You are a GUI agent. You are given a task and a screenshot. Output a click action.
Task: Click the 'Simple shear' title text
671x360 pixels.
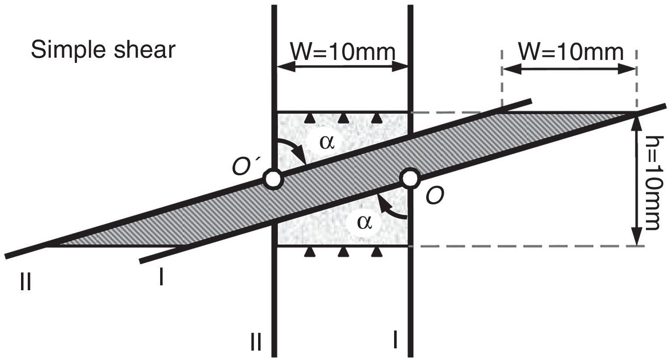(x=103, y=51)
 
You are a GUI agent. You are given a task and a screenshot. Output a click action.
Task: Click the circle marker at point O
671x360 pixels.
(x=410, y=178)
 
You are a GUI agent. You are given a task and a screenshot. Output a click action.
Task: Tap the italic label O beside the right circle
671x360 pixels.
(x=435, y=196)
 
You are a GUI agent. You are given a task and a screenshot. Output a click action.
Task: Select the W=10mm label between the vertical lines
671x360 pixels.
(x=343, y=53)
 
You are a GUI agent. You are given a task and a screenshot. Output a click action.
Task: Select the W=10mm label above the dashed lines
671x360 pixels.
(x=571, y=52)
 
